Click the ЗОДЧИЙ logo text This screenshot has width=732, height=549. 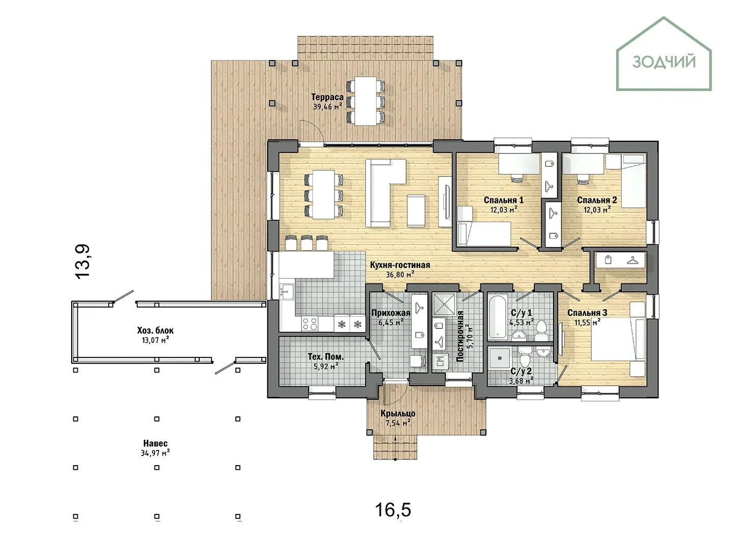pyautogui.click(x=664, y=63)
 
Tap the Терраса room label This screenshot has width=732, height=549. pyautogui.click(x=327, y=97)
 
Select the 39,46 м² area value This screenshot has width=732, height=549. pyautogui.click(x=327, y=107)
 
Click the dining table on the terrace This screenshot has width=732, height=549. pyautogui.click(x=365, y=101)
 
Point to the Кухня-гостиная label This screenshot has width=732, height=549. pyautogui.click(x=400, y=265)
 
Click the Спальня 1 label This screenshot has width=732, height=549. pyautogui.click(x=504, y=200)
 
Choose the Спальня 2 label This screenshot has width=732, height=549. pyautogui.click(x=597, y=200)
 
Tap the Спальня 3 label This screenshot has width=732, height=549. pyautogui.click(x=587, y=313)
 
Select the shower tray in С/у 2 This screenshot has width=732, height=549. pyautogui.click(x=499, y=358)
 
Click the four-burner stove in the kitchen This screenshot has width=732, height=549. pyautogui.click(x=310, y=323)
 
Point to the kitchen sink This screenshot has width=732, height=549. pyautogui.click(x=286, y=292)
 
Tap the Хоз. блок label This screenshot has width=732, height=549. pyautogui.click(x=156, y=330)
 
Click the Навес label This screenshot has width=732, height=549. pyautogui.click(x=156, y=443)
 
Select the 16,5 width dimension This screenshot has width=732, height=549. pyautogui.click(x=393, y=510)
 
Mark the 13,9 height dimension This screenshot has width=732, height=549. pyautogui.click(x=82, y=262)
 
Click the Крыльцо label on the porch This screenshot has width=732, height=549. pyautogui.click(x=398, y=413)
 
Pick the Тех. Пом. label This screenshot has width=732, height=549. pyautogui.click(x=325, y=357)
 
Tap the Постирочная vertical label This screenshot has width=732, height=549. pyautogui.click(x=460, y=336)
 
